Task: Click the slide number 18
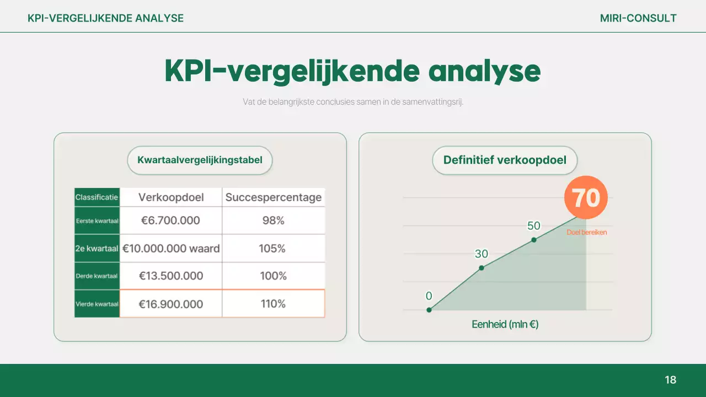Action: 670,380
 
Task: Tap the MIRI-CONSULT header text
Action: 638,18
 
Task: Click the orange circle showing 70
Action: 586,197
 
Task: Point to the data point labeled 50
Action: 534,239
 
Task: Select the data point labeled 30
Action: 482,267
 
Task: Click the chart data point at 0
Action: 429,310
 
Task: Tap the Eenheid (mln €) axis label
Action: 505,324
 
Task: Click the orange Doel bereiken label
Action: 586,232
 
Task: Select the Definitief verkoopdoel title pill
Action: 505,160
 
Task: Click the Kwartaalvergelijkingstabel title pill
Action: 200,160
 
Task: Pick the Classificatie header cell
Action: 97,197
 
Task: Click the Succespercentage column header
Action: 274,197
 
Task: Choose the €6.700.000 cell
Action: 170,221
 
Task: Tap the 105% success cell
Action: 272,249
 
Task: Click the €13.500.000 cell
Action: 170,276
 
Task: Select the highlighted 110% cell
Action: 273,304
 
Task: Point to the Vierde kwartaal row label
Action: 97,304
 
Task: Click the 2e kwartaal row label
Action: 97,249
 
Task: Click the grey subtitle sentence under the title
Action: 353,102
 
